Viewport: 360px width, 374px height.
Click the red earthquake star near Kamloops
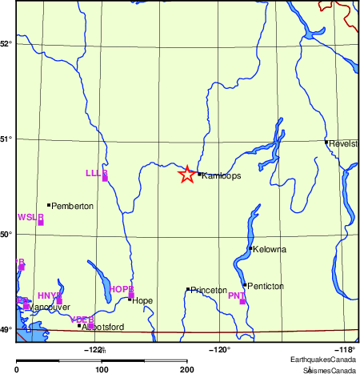186,175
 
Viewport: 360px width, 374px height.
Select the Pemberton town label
73,206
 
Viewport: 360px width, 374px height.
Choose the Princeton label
210,290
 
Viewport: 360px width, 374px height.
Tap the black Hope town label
142,301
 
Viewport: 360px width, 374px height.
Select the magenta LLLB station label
96,173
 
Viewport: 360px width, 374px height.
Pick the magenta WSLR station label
30,217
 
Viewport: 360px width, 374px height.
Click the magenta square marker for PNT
242,302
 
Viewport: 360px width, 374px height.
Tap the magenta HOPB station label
122,289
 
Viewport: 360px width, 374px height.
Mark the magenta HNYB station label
50,296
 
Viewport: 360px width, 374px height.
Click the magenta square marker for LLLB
105,179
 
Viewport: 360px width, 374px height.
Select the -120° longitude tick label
219,348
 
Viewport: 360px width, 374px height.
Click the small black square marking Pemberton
49,205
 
